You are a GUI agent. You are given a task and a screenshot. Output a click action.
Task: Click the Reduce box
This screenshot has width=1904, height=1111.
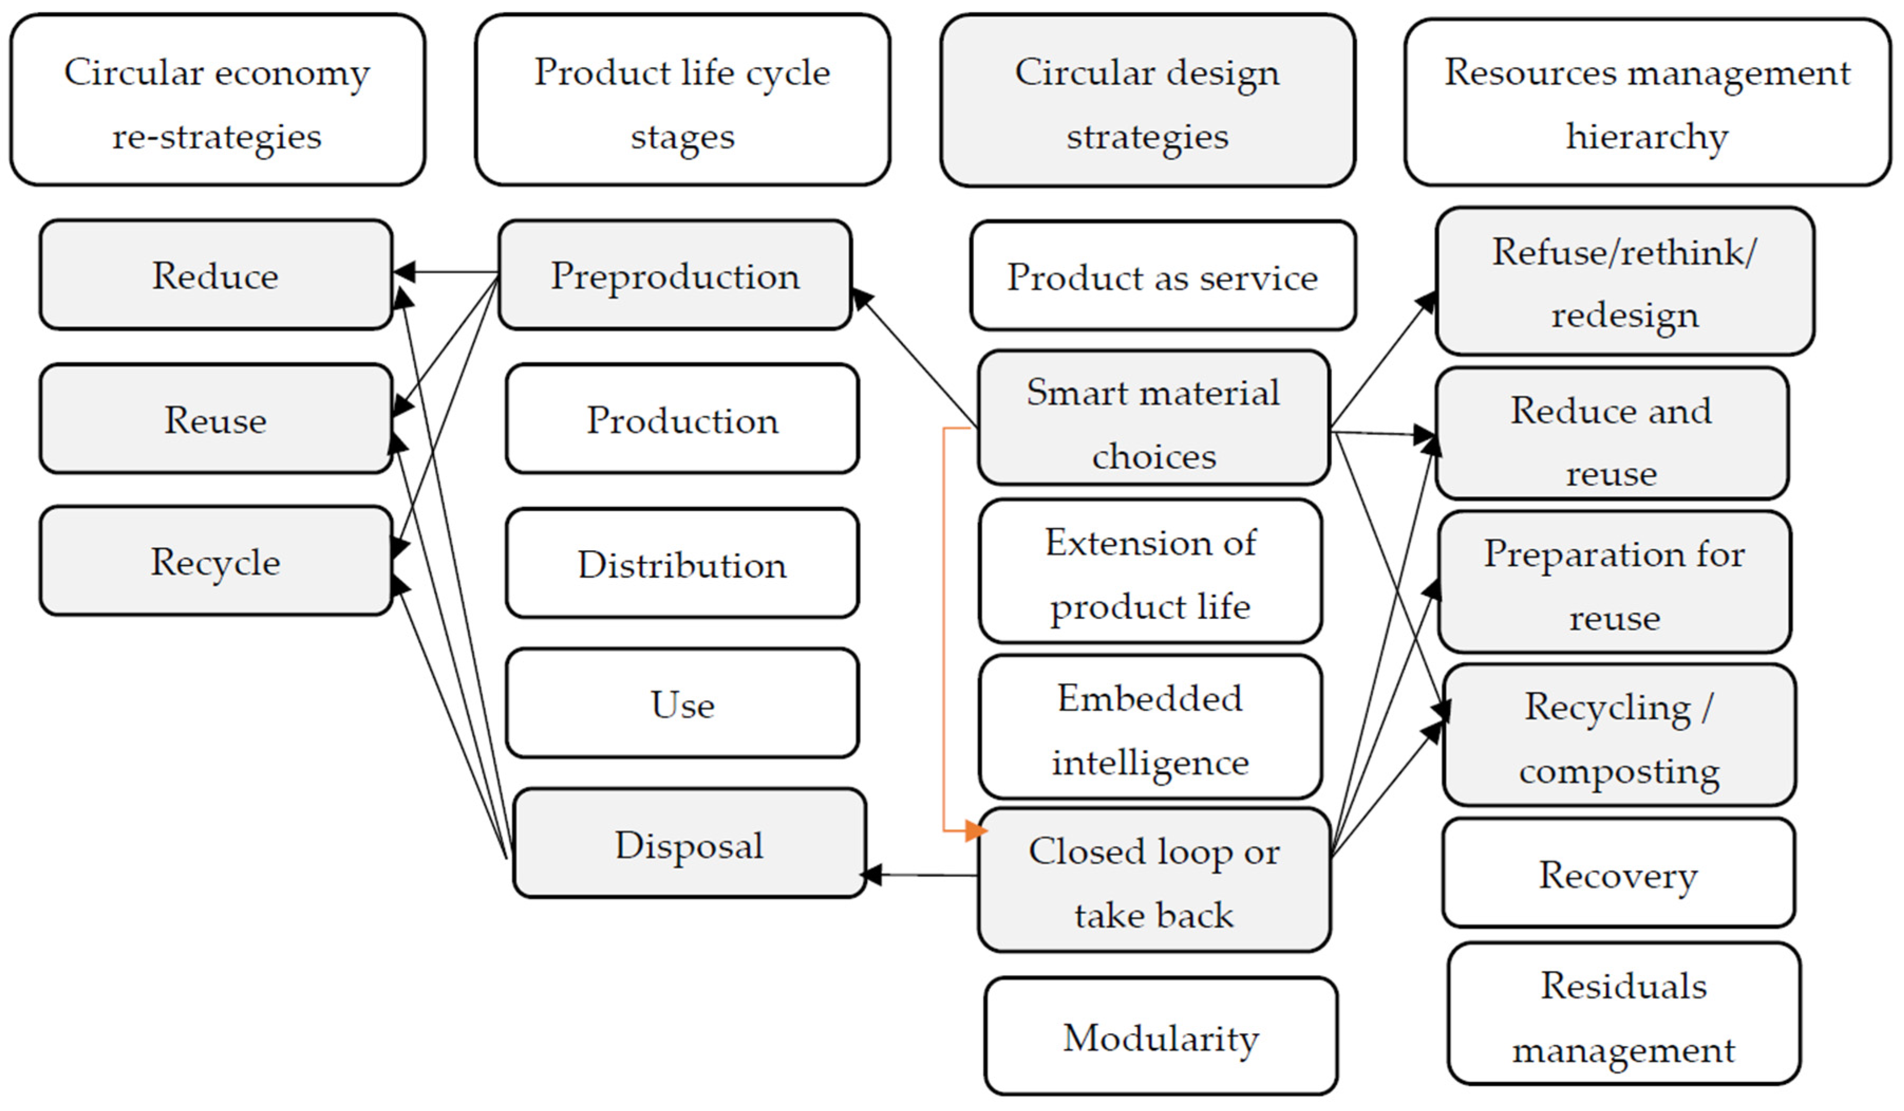[x=215, y=275]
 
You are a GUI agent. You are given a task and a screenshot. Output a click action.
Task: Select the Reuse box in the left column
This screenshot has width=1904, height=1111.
[x=215, y=419]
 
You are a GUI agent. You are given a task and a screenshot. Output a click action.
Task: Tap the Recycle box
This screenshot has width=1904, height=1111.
[x=215, y=561]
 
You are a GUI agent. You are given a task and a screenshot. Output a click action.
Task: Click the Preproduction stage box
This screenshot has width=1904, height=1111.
[x=675, y=275]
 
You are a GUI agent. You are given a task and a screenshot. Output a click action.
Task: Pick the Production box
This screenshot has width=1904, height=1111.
[x=682, y=419]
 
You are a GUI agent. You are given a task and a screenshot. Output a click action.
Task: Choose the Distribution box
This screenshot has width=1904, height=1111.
[x=682, y=564]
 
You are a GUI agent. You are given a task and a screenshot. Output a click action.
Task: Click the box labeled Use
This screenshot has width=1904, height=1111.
[x=682, y=704]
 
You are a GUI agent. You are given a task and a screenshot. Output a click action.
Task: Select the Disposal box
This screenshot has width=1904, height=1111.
[x=689, y=844]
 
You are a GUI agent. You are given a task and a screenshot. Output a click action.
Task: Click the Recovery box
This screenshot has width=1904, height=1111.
[x=1618, y=874]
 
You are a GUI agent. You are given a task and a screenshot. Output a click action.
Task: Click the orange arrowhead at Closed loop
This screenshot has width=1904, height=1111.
[x=975, y=831]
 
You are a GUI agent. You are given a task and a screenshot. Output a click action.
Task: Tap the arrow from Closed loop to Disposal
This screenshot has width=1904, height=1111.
[x=922, y=875]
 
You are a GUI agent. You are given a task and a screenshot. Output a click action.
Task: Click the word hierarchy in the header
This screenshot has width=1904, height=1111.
[x=1647, y=136]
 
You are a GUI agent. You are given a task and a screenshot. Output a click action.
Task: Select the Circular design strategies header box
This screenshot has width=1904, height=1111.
[x=1147, y=100]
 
